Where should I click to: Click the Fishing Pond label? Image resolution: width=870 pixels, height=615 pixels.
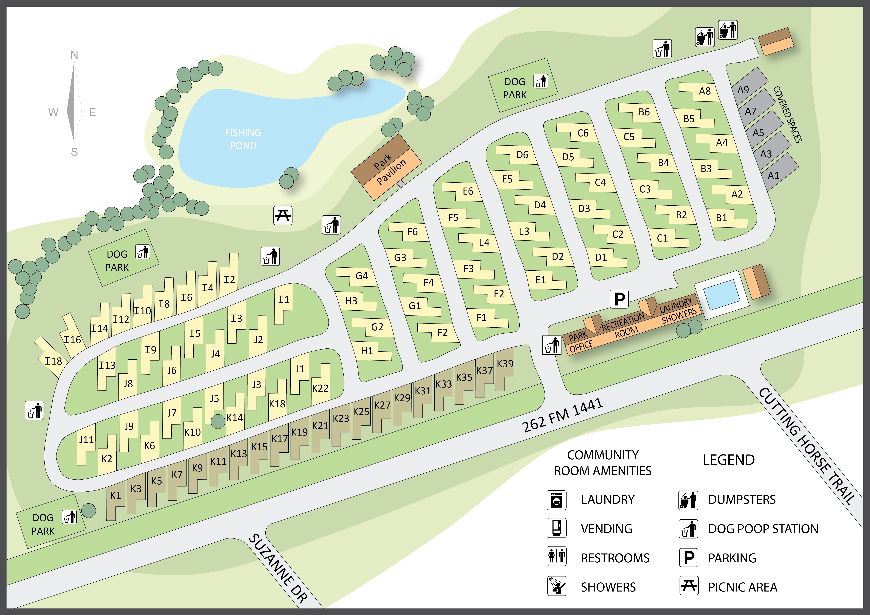click(243, 139)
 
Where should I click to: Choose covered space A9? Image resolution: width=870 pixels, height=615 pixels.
click(743, 90)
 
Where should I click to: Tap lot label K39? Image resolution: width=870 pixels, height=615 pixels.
click(505, 364)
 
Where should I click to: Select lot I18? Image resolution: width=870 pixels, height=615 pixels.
click(53, 361)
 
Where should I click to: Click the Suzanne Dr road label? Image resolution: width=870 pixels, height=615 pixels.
click(278, 568)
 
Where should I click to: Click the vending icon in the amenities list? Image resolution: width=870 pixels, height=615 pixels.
click(556, 528)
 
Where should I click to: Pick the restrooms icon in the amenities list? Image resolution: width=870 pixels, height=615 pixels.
click(556, 556)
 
